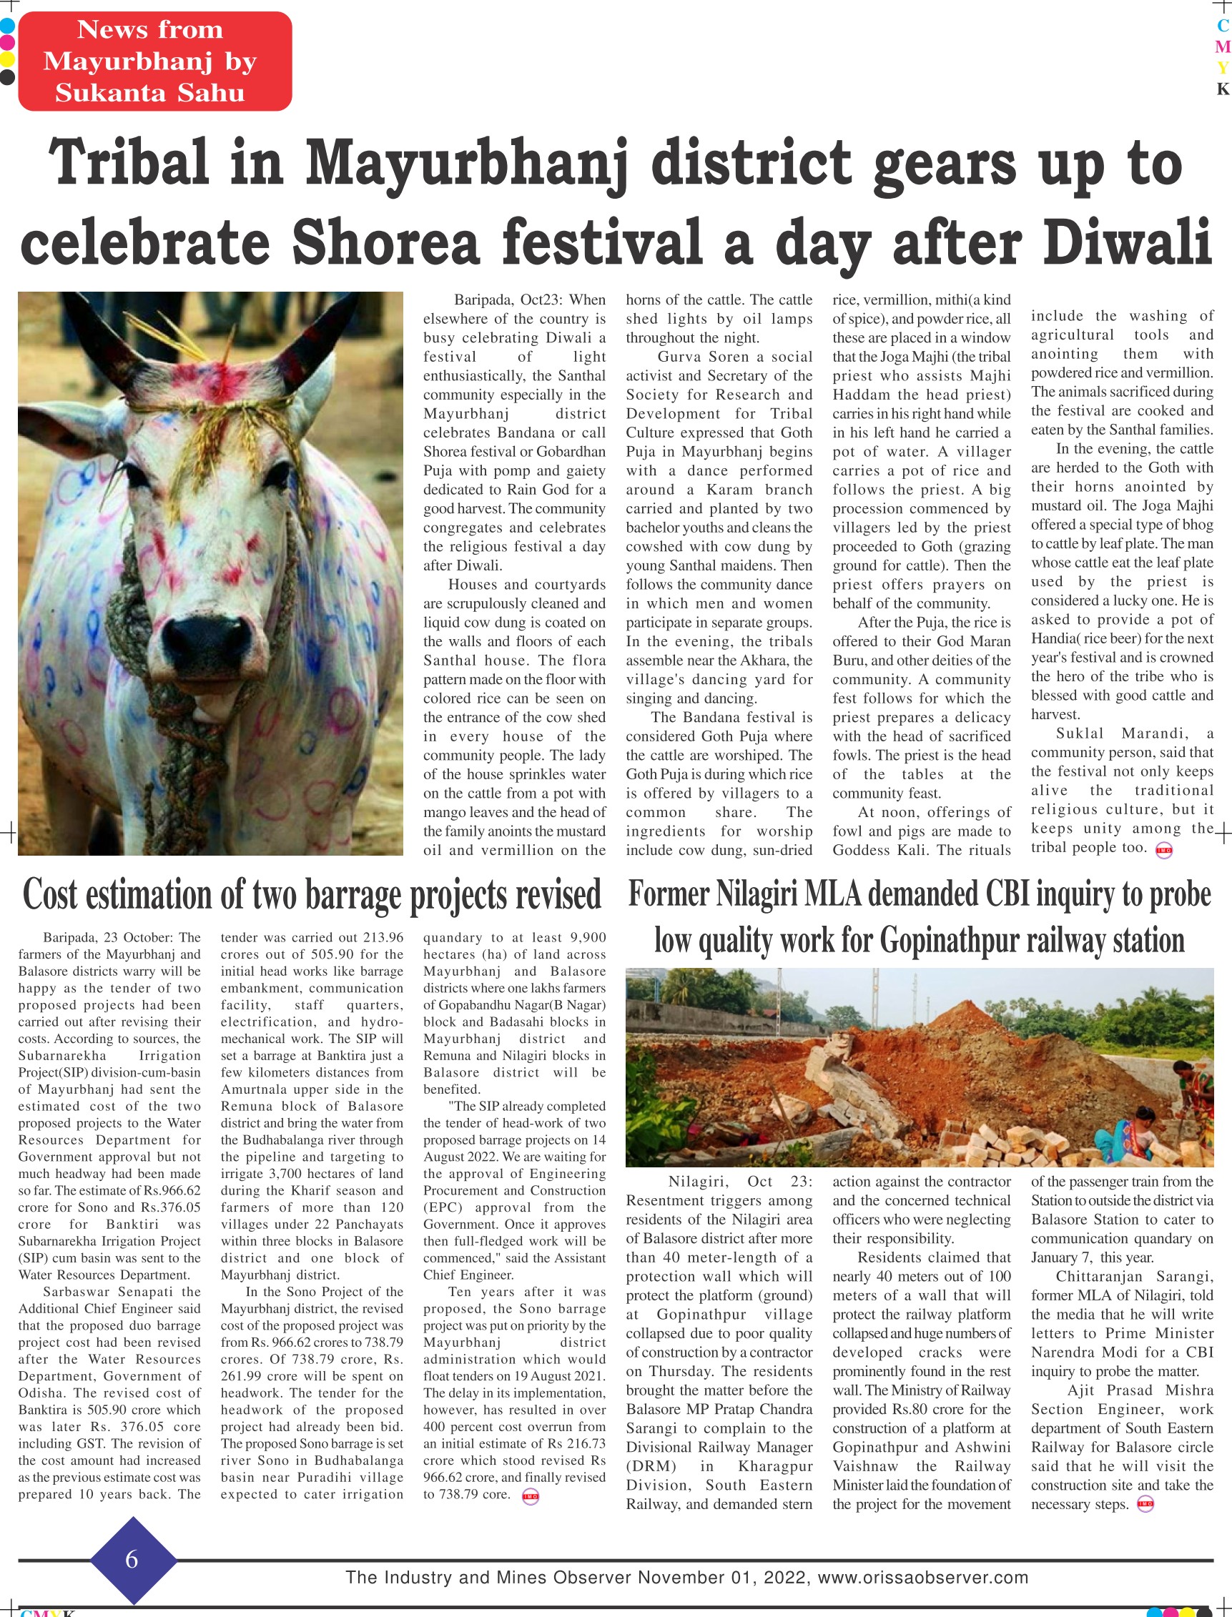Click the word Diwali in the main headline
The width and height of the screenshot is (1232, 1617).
(1125, 242)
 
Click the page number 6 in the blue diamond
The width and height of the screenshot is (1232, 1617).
(132, 1559)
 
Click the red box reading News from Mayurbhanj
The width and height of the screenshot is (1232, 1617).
(154, 61)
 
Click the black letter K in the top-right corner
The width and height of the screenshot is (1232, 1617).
(1222, 89)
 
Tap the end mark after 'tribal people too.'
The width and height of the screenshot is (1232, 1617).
(1164, 850)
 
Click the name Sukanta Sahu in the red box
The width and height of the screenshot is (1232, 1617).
(149, 93)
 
